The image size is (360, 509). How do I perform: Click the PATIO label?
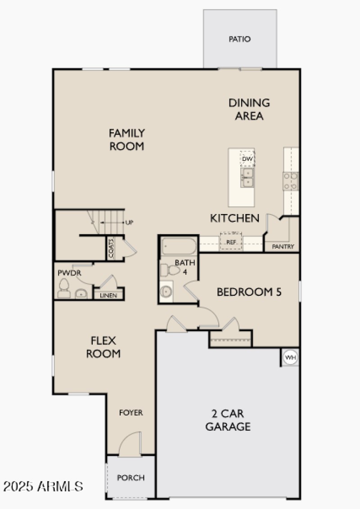(239, 39)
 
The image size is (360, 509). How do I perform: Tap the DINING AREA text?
(249, 109)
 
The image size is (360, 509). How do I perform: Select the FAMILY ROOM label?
(127, 139)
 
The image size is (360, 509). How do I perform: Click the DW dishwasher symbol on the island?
(247, 159)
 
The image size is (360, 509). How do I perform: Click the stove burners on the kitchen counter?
(290, 181)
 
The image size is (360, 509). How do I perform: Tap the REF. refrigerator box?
(231, 241)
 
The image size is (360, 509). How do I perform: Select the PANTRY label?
(283, 246)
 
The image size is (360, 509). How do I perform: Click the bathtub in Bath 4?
(179, 247)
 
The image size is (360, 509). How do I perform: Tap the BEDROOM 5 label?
(249, 292)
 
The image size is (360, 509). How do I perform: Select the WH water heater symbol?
(291, 358)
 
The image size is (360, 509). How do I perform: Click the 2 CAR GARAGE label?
(228, 420)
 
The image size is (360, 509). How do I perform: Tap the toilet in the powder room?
(64, 288)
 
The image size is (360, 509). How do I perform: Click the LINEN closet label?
(108, 295)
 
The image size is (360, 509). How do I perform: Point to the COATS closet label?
(111, 248)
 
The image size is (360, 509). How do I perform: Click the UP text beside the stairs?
(130, 223)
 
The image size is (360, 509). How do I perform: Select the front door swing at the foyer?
(132, 443)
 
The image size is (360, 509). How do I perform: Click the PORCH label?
(131, 478)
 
